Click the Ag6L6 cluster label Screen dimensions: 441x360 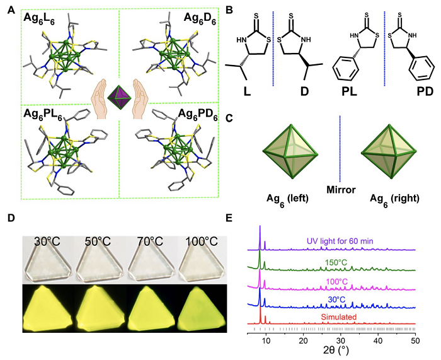click(x=38, y=18)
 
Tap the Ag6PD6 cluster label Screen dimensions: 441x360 click(x=198, y=115)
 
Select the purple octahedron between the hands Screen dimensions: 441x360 click(x=120, y=97)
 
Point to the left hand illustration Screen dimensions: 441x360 click(x=99, y=99)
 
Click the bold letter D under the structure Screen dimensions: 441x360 click(x=304, y=91)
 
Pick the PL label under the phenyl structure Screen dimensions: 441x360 click(x=349, y=91)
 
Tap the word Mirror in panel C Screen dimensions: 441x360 click(x=341, y=190)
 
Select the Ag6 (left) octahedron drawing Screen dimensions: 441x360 click(x=290, y=152)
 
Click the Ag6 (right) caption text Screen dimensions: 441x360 click(x=394, y=199)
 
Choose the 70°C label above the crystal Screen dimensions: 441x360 click(x=150, y=241)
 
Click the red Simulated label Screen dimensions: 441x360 click(x=339, y=317)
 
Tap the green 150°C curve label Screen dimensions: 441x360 click(x=336, y=263)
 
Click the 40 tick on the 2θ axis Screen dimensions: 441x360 click(x=378, y=341)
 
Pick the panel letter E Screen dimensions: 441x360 click(x=230, y=218)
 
